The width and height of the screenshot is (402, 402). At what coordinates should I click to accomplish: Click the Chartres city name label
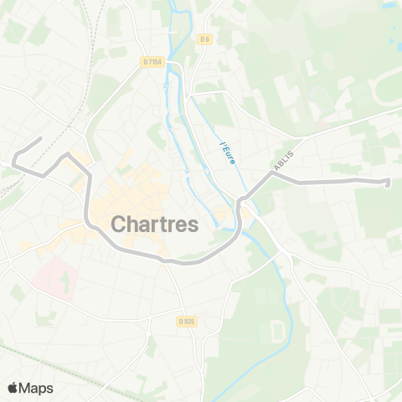click(x=154, y=224)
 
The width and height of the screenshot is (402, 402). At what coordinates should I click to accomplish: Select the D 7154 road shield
click(x=151, y=61)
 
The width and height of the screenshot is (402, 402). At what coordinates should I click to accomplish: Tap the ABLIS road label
click(x=283, y=162)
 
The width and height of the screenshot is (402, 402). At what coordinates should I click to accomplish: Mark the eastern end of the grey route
click(x=387, y=182)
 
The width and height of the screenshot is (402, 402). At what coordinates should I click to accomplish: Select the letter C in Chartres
click(x=118, y=224)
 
